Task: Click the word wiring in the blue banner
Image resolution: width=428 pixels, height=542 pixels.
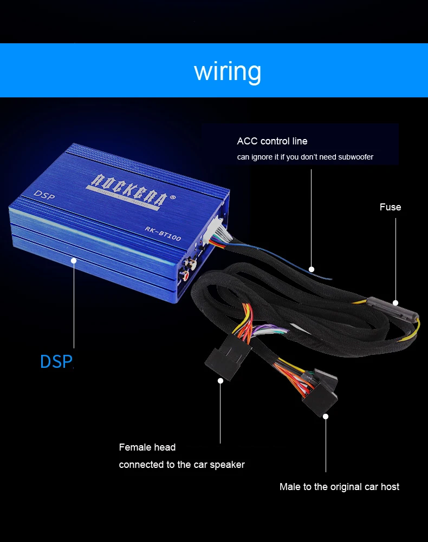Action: tap(228, 71)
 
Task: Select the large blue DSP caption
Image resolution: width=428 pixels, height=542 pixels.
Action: tap(56, 361)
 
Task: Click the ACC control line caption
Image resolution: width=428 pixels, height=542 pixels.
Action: tap(272, 141)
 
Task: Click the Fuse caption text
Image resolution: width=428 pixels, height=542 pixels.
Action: tap(390, 207)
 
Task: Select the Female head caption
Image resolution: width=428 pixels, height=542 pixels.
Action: tap(147, 447)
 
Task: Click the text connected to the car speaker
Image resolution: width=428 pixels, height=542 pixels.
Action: tap(181, 465)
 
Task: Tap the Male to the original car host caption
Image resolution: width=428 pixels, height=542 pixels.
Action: tap(339, 487)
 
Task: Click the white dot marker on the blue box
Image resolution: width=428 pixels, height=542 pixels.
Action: tap(74, 261)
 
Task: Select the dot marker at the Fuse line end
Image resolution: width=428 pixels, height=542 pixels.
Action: tap(395, 303)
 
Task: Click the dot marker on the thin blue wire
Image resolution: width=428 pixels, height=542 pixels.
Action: tap(312, 268)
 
